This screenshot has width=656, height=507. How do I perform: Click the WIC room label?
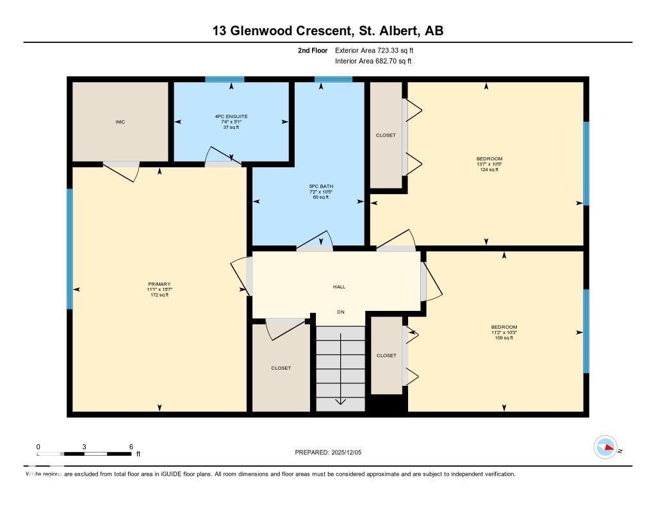click(x=120, y=122)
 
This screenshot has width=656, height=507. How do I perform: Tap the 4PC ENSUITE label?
click(x=231, y=117)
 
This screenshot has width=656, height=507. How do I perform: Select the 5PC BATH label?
click(x=321, y=187)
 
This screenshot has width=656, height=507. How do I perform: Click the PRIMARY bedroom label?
click(x=159, y=284)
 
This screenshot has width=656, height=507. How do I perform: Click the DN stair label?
click(x=341, y=312)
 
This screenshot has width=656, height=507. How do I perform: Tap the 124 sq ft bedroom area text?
click(x=489, y=170)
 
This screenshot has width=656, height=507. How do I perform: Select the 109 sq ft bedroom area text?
click(x=504, y=338)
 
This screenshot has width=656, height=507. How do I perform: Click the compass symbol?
click(x=605, y=447)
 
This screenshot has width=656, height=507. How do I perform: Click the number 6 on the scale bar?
click(x=131, y=447)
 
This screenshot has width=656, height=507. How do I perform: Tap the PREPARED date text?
click(x=332, y=453)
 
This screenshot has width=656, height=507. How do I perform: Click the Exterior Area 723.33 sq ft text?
click(x=379, y=50)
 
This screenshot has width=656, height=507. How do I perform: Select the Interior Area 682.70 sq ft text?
click(x=373, y=62)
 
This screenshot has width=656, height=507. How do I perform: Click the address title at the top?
click(x=328, y=30)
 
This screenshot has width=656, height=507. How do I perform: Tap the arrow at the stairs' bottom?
click(x=340, y=401)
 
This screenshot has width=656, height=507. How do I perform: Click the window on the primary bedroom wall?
click(x=70, y=249)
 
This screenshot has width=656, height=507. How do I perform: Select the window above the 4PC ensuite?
click(x=224, y=79)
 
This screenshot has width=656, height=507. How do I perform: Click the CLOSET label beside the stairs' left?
click(x=281, y=368)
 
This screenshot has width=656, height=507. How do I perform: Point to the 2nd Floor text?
click(x=313, y=50)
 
